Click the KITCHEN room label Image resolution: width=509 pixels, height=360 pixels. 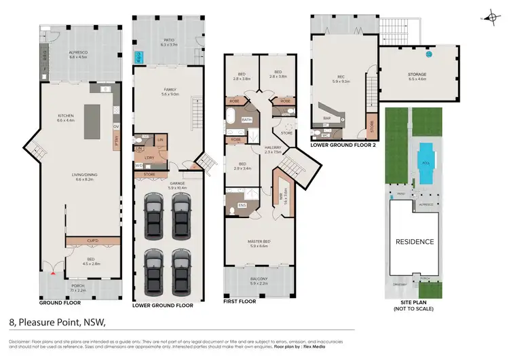[x=66, y=118]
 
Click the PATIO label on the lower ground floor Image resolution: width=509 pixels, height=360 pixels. [x=168, y=43]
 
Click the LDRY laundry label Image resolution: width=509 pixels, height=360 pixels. [x=148, y=158]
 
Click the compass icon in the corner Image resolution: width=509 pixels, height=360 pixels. [x=491, y=18]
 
